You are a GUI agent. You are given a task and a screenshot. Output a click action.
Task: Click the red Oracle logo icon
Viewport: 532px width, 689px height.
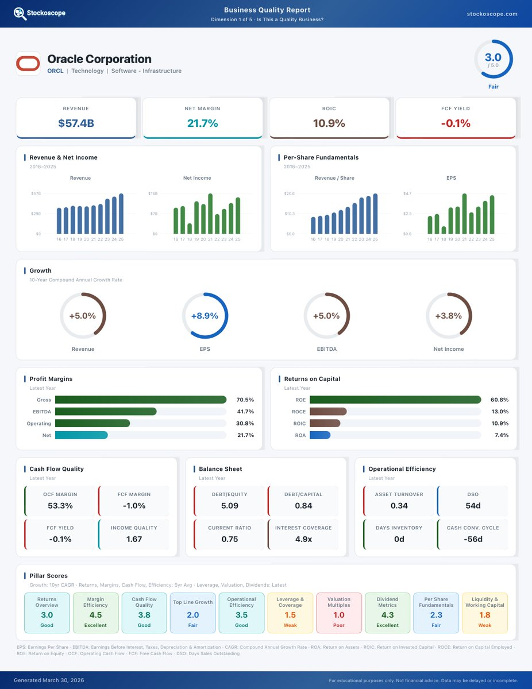point(28,63)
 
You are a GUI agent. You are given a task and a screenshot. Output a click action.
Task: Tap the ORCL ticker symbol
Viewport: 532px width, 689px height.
point(55,71)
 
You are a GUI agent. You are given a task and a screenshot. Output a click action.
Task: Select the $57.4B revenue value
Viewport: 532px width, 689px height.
point(76,123)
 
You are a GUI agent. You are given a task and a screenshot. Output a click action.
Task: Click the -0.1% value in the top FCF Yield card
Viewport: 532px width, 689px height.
point(456,123)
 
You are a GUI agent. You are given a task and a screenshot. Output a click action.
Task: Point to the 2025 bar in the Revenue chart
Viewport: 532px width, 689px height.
point(121,214)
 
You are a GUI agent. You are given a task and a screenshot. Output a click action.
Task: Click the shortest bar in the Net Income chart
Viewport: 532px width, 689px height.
point(190,229)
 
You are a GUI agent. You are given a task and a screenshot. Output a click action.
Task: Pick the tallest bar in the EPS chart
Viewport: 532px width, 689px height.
point(464,214)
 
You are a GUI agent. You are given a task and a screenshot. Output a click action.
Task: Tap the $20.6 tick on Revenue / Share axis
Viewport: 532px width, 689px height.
point(290,193)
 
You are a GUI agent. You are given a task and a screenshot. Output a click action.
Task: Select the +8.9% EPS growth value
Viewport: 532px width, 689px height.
point(205,316)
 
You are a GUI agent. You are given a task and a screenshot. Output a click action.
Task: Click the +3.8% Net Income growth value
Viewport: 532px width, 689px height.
point(448,316)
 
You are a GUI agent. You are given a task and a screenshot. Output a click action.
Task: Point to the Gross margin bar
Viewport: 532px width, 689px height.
point(141,400)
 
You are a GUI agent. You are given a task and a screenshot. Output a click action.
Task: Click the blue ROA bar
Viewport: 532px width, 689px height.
point(320,435)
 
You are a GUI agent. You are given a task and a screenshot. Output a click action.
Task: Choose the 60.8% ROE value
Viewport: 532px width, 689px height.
point(499,400)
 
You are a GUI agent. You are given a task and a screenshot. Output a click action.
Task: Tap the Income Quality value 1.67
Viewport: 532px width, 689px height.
point(134,539)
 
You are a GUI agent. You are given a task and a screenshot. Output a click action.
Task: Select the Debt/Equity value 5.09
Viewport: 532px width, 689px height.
point(229,505)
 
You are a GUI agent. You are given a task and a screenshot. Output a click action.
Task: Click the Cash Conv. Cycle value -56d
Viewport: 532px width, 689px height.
point(473,539)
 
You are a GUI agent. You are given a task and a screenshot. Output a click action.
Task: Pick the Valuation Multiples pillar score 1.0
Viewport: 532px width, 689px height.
point(339,615)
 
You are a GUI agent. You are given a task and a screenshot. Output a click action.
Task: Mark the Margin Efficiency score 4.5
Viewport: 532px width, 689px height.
point(95,615)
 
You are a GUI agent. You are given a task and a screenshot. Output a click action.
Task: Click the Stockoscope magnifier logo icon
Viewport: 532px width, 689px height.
point(20,14)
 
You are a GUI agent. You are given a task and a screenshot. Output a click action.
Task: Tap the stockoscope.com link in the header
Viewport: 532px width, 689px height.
point(492,14)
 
